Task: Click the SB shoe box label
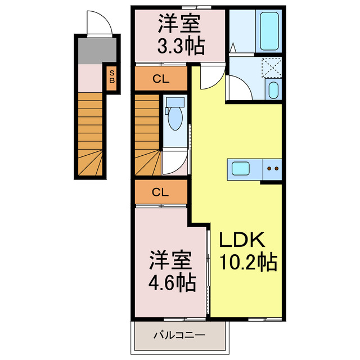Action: (112, 76)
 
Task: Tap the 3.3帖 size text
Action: (181, 46)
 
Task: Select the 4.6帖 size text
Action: (172, 282)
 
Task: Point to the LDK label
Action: (242, 240)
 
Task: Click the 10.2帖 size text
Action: (249, 262)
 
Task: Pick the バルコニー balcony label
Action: (179, 335)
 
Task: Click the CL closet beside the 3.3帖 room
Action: (161, 79)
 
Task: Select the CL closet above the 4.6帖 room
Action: (160, 192)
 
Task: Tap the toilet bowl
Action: (175, 115)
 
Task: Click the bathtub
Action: (269, 31)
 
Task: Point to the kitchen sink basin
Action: (240, 169)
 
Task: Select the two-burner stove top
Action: (272, 169)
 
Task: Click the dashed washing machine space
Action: (272, 67)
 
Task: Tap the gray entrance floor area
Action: (97, 51)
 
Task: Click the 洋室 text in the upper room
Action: (179, 24)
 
